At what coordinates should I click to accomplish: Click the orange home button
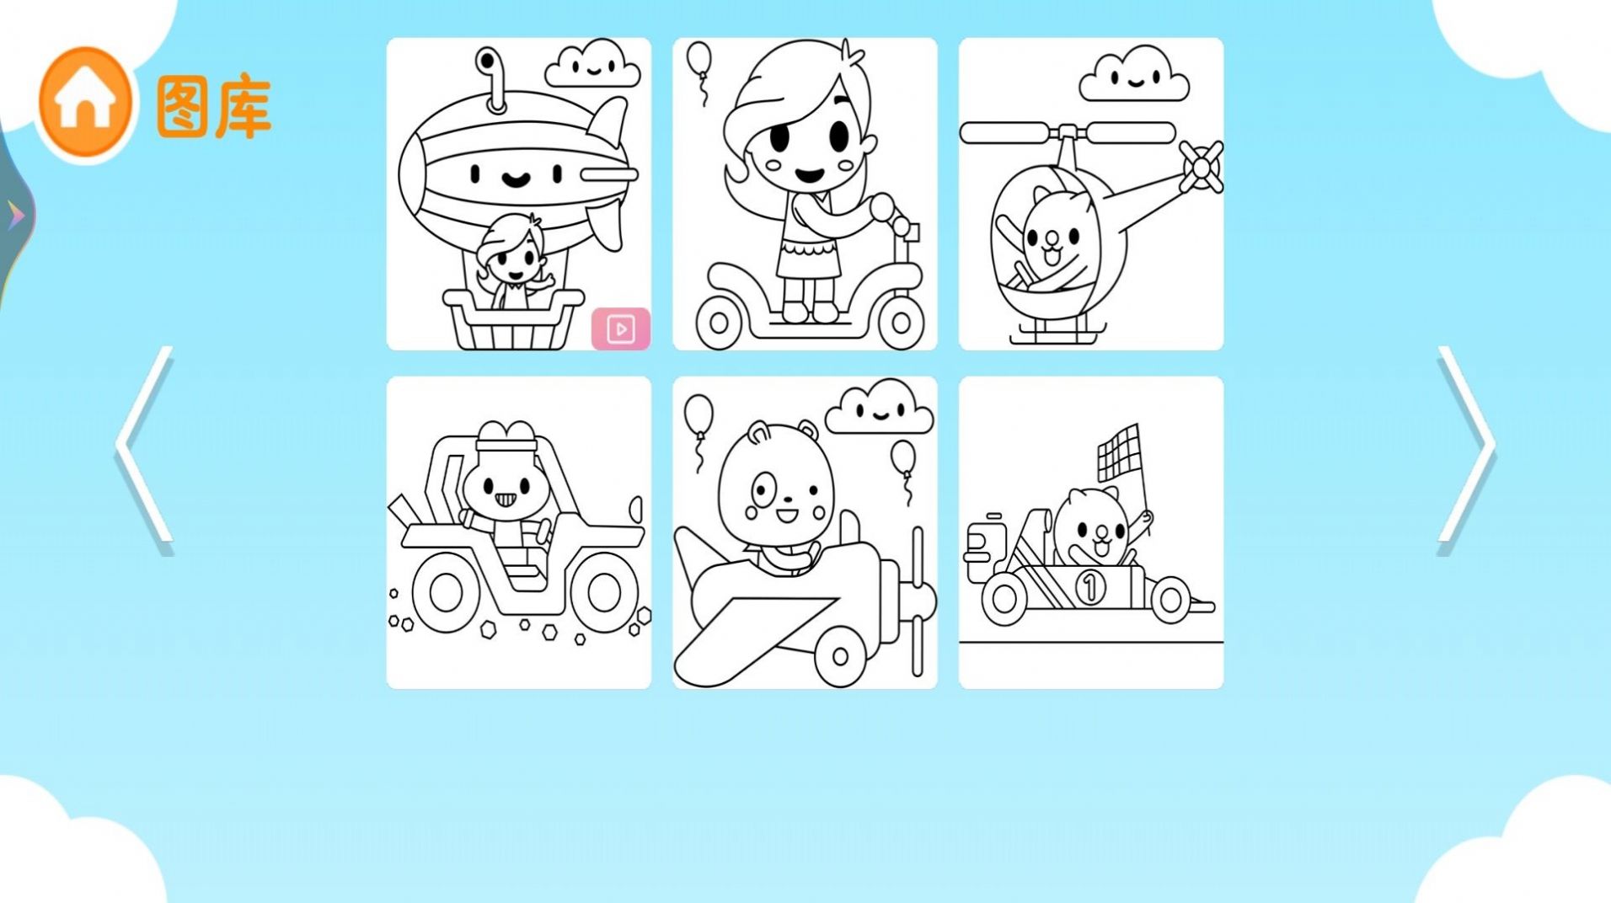tap(84, 102)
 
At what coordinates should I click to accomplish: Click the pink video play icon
tap(621, 329)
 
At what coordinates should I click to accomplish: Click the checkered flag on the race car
tap(1118, 451)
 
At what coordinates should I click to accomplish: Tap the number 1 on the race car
tap(1089, 586)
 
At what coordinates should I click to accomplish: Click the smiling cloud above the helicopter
tap(1133, 76)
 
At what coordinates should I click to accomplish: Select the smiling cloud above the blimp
tap(592, 65)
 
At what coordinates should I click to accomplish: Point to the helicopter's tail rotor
tap(1201, 166)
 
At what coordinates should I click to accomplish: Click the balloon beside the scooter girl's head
tap(699, 61)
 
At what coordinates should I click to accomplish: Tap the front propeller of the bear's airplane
tap(918, 600)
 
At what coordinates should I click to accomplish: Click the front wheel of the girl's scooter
tap(901, 321)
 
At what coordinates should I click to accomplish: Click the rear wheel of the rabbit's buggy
tap(446, 592)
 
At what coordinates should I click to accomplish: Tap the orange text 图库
tap(214, 107)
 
